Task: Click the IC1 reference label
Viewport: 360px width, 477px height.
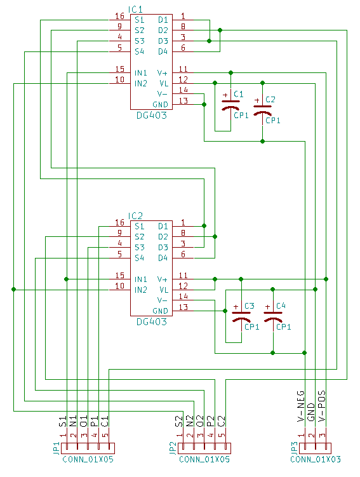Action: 135,10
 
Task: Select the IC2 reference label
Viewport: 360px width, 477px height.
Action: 135,216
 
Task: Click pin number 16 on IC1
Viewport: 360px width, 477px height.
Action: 119,17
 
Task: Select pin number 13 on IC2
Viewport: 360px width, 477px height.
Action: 183,307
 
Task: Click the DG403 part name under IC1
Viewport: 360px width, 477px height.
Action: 152,116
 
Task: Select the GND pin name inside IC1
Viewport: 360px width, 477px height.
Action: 161,104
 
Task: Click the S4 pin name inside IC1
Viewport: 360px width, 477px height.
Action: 139,51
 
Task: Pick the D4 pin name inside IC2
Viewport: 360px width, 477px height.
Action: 163,257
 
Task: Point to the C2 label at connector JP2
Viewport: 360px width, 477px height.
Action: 222,420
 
